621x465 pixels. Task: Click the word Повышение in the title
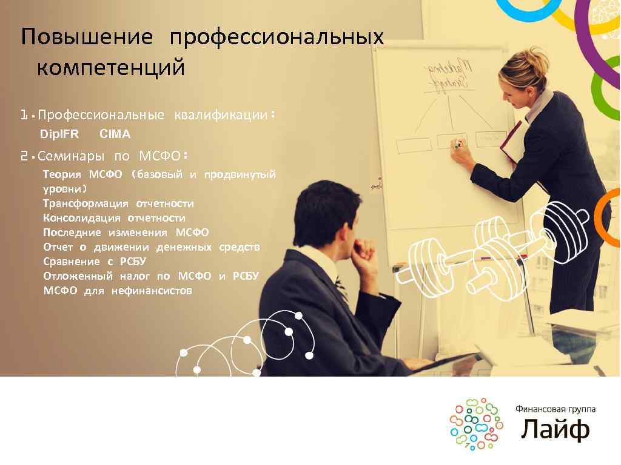[x=87, y=38]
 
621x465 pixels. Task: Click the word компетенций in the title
[x=110, y=67]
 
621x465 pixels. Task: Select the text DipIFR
[x=59, y=134]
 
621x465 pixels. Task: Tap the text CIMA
[x=115, y=134]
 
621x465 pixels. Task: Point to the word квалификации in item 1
[x=221, y=115]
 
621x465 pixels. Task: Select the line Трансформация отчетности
[x=118, y=203]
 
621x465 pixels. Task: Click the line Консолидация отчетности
[x=114, y=218]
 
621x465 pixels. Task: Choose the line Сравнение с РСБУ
[x=95, y=262]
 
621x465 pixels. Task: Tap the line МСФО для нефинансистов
[x=118, y=291]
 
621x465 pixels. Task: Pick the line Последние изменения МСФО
[x=126, y=232]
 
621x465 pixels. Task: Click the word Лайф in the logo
[x=555, y=429]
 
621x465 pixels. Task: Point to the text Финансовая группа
[x=555, y=409]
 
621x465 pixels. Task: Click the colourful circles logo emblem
[x=476, y=424]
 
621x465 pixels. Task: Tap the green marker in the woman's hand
[x=458, y=145]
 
